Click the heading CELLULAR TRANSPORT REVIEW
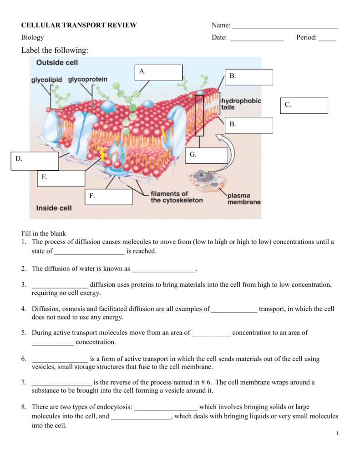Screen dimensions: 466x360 79,25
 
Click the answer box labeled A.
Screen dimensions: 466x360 159,73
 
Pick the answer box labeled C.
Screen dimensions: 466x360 304,106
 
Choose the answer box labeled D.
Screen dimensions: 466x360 35,161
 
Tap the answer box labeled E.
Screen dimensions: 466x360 61,178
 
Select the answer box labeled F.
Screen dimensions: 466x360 108,197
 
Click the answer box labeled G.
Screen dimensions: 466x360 207,156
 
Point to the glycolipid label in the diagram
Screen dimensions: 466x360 46,80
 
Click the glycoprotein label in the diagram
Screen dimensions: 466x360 88,80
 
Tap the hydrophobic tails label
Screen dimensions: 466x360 241,104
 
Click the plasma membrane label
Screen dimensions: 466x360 244,199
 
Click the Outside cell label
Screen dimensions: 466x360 57,63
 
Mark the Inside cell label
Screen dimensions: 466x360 54,208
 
